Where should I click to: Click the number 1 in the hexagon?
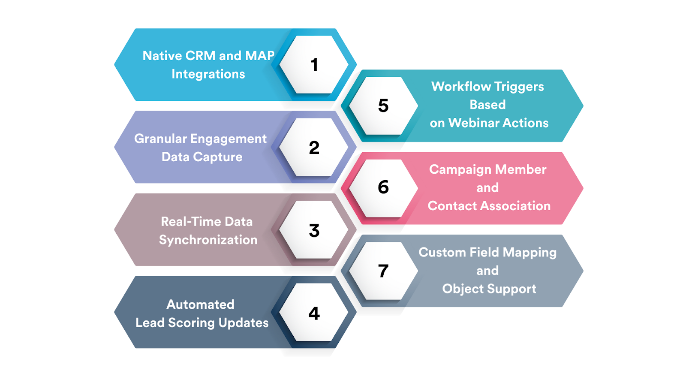click(x=314, y=65)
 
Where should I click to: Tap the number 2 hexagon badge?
click(x=314, y=148)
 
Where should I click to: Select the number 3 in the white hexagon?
click(x=314, y=231)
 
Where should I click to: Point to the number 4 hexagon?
click(x=314, y=314)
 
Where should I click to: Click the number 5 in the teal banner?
click(x=383, y=106)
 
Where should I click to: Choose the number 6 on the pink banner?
click(x=383, y=187)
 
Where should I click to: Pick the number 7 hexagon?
click(x=383, y=271)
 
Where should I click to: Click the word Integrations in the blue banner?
click(x=208, y=74)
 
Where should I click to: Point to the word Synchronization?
click(x=208, y=240)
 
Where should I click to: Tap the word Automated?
click(x=200, y=305)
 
